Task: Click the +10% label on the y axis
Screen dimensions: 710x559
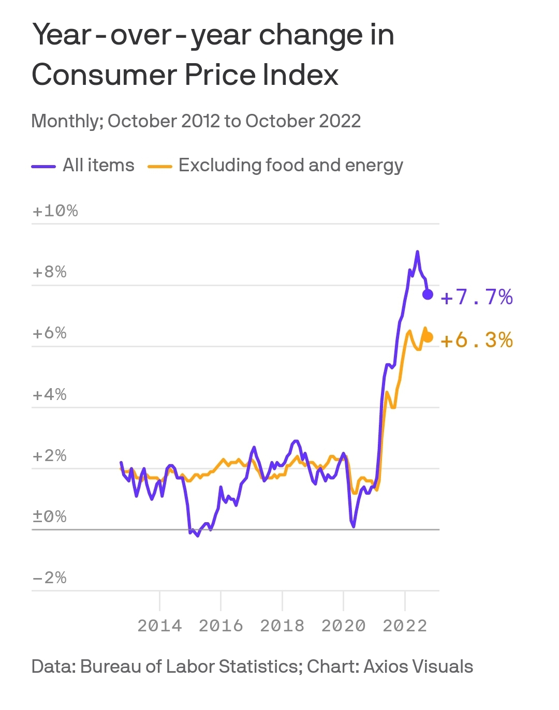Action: [x=55, y=211]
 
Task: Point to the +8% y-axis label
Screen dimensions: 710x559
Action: [x=50, y=272]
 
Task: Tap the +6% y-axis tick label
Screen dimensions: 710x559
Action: [x=50, y=333]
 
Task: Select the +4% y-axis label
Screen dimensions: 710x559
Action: [x=50, y=394]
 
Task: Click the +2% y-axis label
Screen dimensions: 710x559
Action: [x=50, y=455]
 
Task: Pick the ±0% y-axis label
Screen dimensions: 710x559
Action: [x=50, y=516]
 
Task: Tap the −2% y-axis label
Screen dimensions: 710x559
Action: [x=50, y=578]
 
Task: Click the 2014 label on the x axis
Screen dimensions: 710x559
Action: [x=159, y=626]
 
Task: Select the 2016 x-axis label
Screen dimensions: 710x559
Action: [x=221, y=626]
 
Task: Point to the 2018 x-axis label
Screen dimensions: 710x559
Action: [x=282, y=626]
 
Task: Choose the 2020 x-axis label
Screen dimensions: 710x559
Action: [x=343, y=626]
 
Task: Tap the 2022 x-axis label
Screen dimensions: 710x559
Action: [x=405, y=626]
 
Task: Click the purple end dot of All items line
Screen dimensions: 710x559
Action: [x=428, y=294]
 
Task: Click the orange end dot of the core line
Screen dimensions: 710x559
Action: [x=428, y=337]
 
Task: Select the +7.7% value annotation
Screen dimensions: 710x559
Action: [x=477, y=298]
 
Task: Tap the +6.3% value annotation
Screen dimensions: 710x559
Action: [x=477, y=341]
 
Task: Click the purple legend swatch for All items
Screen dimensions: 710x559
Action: [x=43, y=167]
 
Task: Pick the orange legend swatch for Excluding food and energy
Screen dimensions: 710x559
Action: [x=160, y=167]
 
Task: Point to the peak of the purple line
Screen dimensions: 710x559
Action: [x=417, y=252]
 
